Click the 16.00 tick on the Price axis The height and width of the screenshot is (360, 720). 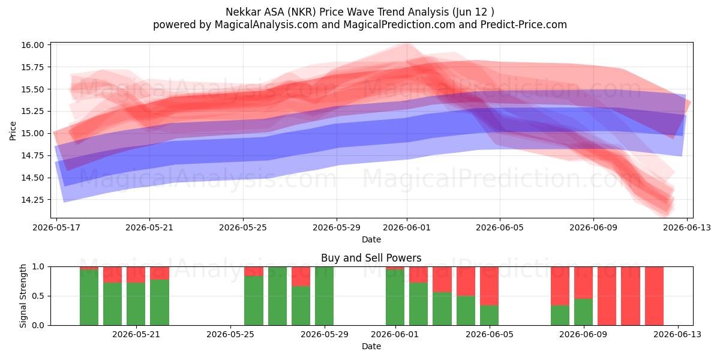click(x=32, y=45)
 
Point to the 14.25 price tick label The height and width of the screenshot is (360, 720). click(x=32, y=200)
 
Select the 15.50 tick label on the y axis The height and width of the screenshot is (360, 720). click(x=32, y=89)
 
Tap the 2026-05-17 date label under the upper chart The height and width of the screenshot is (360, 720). click(x=56, y=227)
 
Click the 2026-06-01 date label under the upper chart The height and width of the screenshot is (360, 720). click(x=407, y=227)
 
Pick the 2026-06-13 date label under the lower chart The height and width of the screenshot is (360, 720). click(x=677, y=334)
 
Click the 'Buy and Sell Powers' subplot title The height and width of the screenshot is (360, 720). click(x=371, y=258)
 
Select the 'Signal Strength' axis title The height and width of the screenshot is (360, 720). click(x=23, y=296)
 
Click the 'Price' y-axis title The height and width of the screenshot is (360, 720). click(x=13, y=131)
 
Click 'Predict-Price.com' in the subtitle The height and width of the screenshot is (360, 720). click(x=524, y=25)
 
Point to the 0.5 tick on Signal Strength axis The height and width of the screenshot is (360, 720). click(x=38, y=296)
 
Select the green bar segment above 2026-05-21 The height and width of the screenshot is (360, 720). click(x=136, y=304)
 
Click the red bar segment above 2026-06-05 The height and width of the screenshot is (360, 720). click(x=489, y=286)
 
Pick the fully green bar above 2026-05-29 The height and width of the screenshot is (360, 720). click(x=325, y=296)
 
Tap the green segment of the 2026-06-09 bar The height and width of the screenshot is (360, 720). click(x=583, y=312)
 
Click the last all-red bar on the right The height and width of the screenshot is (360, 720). click(x=654, y=296)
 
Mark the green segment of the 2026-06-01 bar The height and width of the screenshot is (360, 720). click(x=395, y=298)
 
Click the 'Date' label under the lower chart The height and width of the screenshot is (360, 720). click(x=371, y=346)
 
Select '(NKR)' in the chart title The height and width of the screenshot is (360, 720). click(x=302, y=12)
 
